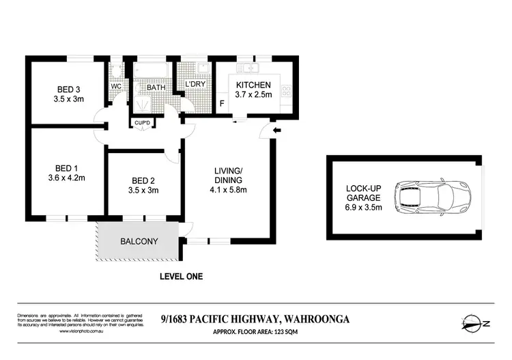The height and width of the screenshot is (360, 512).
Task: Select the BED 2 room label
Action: pos(143,180)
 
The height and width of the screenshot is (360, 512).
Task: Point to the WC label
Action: pos(116,86)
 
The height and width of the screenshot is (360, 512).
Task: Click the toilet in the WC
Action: pos(117,70)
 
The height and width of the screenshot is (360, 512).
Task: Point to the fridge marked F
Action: pos(221,104)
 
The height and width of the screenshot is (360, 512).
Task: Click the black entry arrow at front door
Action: pos(276,131)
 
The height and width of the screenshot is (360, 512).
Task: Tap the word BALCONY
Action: pos(139,241)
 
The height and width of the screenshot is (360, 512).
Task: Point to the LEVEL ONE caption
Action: pos(181,277)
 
